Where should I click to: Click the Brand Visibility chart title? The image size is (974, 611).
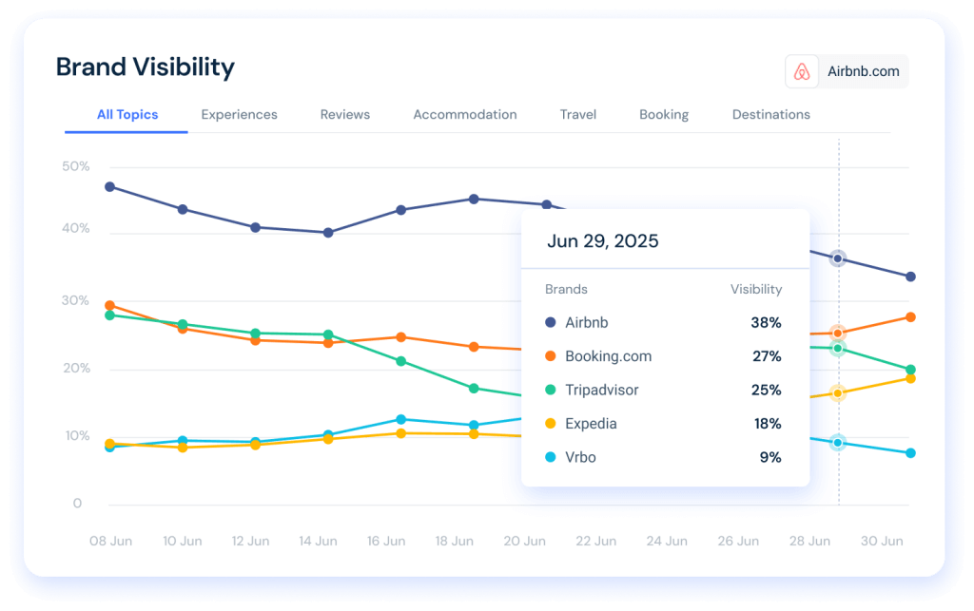[145, 67]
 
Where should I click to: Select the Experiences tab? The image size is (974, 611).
[239, 114]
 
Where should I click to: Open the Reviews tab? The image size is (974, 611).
[344, 114]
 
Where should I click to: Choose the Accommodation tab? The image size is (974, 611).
[464, 114]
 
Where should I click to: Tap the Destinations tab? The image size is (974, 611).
[770, 114]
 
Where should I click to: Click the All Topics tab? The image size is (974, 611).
[127, 114]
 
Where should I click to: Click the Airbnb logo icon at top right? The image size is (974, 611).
[802, 71]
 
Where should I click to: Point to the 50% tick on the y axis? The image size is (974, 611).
[76, 166]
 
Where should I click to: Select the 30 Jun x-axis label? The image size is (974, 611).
[881, 541]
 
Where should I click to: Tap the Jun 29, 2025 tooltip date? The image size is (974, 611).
[602, 240]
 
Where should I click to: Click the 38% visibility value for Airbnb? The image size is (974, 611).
[765, 323]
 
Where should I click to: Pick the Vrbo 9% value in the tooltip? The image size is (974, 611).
[769, 457]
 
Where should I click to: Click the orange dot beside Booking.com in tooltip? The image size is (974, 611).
[551, 356]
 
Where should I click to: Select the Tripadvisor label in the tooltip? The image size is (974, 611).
[601, 390]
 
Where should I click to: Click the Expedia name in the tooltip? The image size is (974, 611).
[591, 424]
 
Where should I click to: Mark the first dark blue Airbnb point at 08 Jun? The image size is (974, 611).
[110, 186]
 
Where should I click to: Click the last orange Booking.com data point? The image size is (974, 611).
[910, 316]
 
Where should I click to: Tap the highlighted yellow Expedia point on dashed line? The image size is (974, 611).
[837, 392]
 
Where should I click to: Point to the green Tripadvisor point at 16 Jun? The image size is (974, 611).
[401, 361]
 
